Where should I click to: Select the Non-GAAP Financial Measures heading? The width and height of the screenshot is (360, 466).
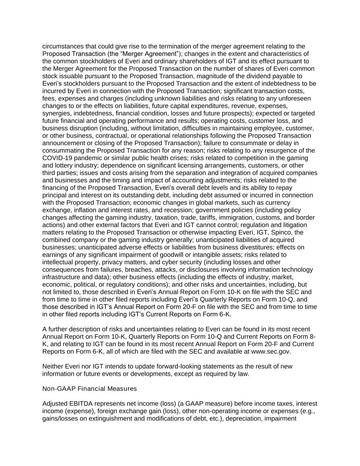point(89,389)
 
